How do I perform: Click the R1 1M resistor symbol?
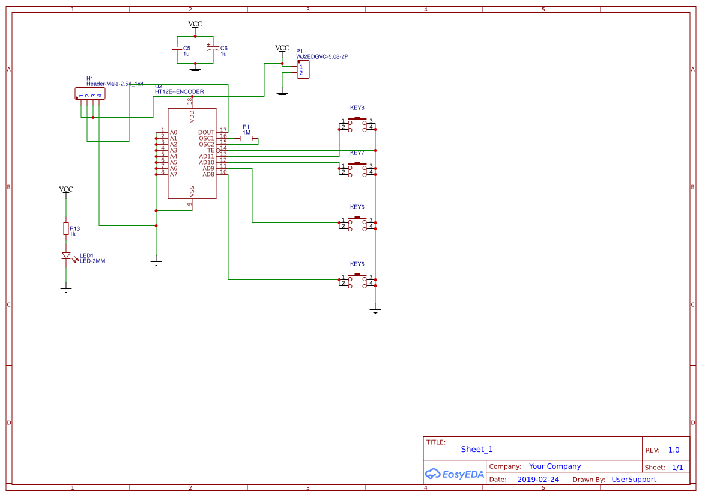(x=246, y=138)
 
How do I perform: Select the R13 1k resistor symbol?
(x=66, y=229)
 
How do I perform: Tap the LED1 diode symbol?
(x=66, y=256)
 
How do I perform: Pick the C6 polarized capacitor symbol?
(x=210, y=48)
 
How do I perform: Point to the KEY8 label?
(x=357, y=108)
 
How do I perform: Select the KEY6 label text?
(x=357, y=207)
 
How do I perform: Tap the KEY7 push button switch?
(x=358, y=169)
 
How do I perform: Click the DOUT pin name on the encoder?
(x=206, y=132)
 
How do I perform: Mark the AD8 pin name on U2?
(x=208, y=174)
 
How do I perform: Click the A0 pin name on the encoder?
(x=174, y=132)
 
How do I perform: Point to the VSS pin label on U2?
(x=192, y=191)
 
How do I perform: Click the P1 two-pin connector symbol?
(x=303, y=70)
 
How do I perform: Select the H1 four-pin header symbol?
(x=89, y=94)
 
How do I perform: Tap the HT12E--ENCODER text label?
(x=179, y=92)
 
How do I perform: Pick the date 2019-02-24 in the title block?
(x=537, y=480)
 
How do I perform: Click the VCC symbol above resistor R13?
(x=66, y=190)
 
